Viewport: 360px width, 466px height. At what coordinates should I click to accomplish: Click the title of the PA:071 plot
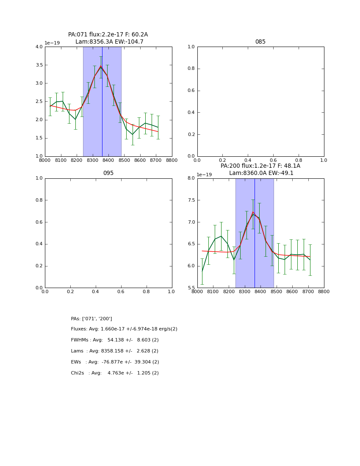pyautogui.click(x=108, y=38)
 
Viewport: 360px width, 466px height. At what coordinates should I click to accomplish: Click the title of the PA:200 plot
pyautogui.click(x=260, y=169)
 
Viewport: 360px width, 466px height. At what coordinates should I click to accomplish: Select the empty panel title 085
pyautogui.click(x=260, y=42)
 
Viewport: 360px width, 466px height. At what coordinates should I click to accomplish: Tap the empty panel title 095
pyautogui.click(x=108, y=173)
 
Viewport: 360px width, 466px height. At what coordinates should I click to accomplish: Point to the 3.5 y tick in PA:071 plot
pyautogui.click(x=39, y=65)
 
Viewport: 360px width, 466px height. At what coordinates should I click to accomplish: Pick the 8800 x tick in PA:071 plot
pyautogui.click(x=172, y=161)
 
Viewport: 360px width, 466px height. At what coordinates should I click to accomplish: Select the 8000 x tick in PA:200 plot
pyautogui.click(x=197, y=292)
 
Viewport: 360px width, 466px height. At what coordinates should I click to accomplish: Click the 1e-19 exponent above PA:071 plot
pyautogui.click(x=52, y=43)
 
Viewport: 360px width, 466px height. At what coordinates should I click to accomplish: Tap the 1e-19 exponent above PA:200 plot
pyautogui.click(x=205, y=175)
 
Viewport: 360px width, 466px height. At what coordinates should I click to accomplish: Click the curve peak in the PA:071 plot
pyautogui.click(x=101, y=66)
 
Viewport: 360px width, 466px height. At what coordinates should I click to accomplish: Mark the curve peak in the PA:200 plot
pyautogui.click(x=253, y=212)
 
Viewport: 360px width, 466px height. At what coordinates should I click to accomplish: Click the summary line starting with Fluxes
pyautogui.click(x=124, y=329)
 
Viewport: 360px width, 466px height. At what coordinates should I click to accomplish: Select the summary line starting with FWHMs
pyautogui.click(x=115, y=340)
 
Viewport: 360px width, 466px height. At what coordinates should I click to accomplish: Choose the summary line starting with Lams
pyautogui.click(x=115, y=351)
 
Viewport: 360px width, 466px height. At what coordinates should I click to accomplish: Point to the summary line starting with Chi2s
pyautogui.click(x=115, y=373)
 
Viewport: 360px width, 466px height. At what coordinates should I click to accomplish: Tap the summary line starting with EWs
pyautogui.click(x=115, y=362)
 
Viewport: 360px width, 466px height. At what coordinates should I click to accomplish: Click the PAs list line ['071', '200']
pyautogui.click(x=91, y=319)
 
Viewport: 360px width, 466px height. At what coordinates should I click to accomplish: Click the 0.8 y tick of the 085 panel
pyautogui.click(x=191, y=69)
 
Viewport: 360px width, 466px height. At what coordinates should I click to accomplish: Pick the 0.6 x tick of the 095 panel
pyautogui.click(x=121, y=292)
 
